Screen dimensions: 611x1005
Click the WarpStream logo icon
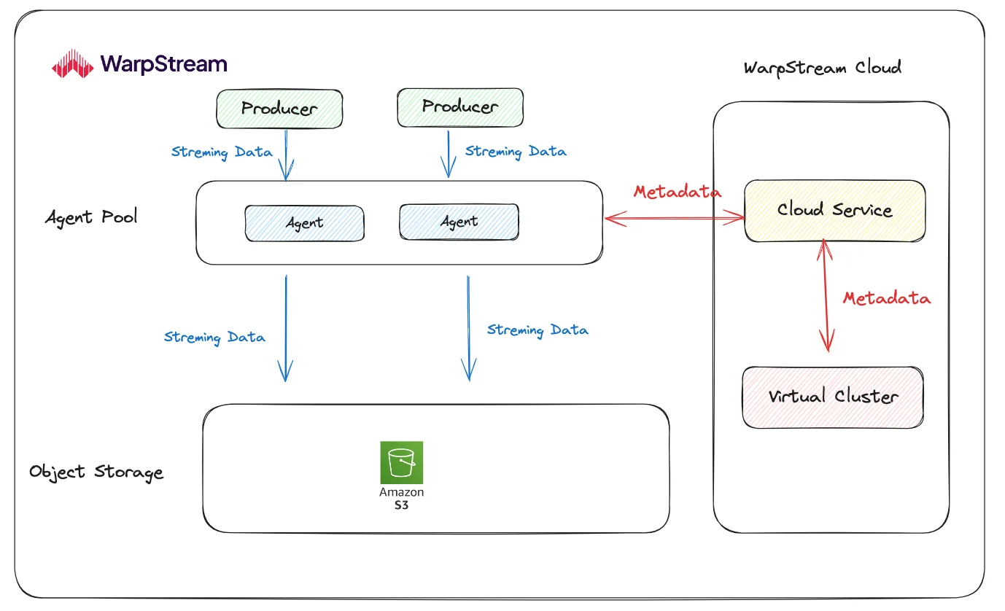point(73,63)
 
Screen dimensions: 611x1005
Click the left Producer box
point(279,109)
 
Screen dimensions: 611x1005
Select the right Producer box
point(459,106)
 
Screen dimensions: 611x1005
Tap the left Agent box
point(304,222)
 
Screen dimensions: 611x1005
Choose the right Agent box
point(459,221)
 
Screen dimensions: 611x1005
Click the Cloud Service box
point(834,211)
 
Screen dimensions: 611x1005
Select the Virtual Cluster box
point(833,397)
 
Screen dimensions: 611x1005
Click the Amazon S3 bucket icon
point(401,462)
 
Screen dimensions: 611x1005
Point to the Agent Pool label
point(91,217)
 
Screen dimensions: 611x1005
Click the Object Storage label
point(96,472)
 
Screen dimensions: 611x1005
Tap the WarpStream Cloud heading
point(822,68)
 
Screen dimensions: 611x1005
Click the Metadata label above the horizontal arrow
point(677,192)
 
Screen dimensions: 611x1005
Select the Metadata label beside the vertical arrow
point(886,298)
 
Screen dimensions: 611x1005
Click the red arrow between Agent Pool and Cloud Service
point(674,217)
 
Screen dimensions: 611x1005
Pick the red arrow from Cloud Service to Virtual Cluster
point(825,295)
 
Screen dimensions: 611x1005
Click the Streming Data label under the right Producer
point(516,152)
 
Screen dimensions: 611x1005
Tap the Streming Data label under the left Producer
point(222,152)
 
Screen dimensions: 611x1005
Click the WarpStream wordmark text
point(164,63)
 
